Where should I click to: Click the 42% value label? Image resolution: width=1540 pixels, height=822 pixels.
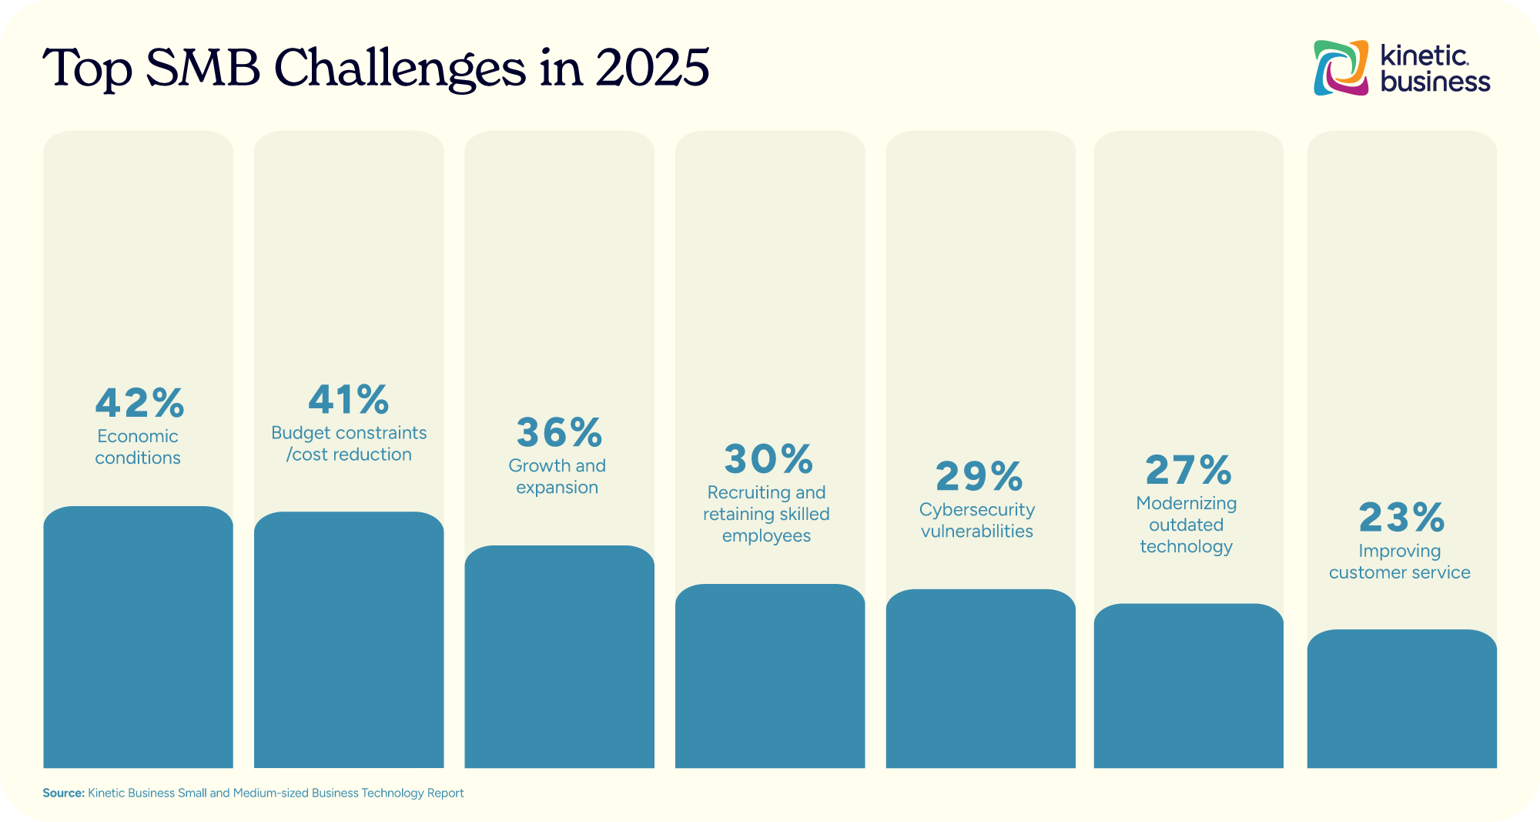click(139, 402)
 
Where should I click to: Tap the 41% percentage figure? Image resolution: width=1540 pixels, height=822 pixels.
click(349, 399)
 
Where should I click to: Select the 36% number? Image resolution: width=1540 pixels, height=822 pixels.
click(559, 432)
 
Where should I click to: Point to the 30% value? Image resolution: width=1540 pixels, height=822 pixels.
click(768, 459)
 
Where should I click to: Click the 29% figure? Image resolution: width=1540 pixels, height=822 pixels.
click(979, 476)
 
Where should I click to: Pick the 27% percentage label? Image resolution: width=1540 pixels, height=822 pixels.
click(1188, 470)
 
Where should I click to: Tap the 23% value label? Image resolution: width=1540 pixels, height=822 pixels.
click(1401, 517)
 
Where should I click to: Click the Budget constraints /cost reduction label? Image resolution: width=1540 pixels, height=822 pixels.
click(349, 444)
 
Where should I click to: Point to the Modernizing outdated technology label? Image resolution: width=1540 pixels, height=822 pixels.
click(1187, 525)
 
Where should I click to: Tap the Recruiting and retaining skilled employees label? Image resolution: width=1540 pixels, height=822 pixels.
click(766, 514)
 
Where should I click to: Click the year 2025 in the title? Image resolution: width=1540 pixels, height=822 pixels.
click(651, 68)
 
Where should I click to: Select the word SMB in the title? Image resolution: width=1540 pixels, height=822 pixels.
click(203, 68)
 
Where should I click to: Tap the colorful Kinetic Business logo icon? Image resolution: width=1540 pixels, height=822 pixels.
click(1341, 68)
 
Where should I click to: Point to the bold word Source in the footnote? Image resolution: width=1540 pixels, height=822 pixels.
click(62, 793)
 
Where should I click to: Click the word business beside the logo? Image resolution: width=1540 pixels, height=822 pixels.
click(1435, 82)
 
